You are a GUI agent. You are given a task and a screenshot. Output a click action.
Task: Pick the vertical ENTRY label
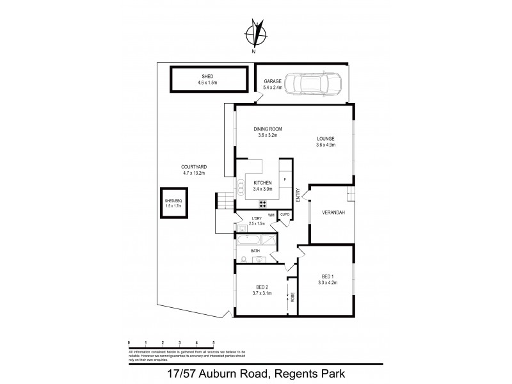click(298, 194)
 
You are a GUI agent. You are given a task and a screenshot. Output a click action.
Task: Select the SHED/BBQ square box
click(173, 204)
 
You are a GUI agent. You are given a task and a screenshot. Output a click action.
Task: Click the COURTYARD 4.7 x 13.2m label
click(197, 170)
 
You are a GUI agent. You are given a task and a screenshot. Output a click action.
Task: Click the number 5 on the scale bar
click(213, 342)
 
